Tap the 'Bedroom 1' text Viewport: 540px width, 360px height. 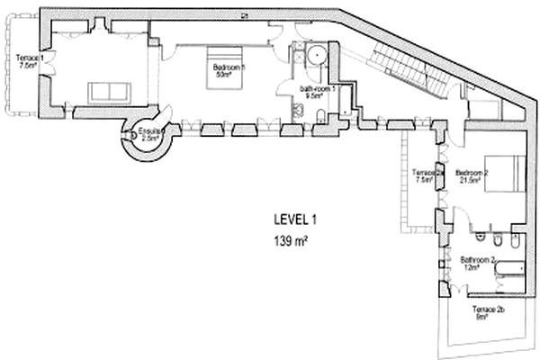[x=231, y=67]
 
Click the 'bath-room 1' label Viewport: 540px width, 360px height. [x=318, y=88]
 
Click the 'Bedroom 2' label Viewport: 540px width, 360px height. [x=472, y=172]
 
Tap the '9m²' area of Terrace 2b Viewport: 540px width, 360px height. [x=481, y=317]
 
